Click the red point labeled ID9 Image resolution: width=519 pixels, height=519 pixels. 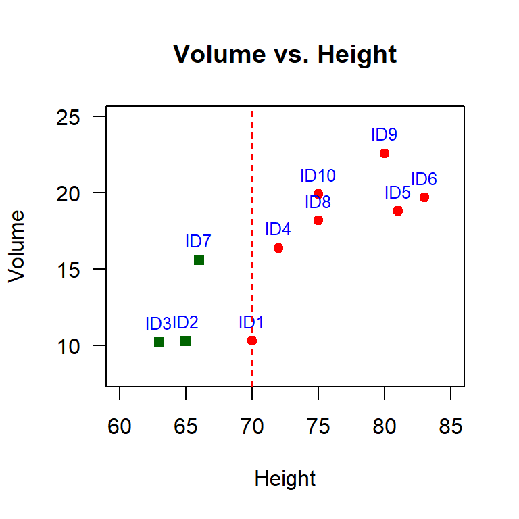[385, 153]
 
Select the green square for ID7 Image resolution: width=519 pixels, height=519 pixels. [199, 259]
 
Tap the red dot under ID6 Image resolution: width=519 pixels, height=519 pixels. [424, 197]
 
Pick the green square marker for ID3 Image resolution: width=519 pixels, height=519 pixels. [159, 342]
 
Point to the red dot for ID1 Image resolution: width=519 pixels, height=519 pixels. [252, 341]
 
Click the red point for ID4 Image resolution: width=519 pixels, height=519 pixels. [278, 248]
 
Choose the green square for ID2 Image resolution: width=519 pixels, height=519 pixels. [185, 341]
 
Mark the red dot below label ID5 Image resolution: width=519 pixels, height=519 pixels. [398, 211]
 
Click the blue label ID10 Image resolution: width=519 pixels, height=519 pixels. [318, 176]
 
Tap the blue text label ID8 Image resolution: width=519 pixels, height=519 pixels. [318, 202]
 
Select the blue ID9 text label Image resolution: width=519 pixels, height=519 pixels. [384, 134]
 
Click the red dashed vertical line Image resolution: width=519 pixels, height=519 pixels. [252, 249]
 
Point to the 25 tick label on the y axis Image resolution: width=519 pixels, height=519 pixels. [68, 118]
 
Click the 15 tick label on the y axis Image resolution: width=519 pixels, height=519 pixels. [68, 270]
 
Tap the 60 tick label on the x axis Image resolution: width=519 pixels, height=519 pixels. [120, 426]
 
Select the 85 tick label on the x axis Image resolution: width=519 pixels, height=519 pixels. [451, 426]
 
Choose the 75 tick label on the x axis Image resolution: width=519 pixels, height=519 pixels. [318, 426]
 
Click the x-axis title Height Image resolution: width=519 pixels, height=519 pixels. [285, 478]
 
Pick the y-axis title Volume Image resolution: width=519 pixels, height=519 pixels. [16, 247]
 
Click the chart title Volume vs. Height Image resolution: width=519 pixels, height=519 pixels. [285, 54]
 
